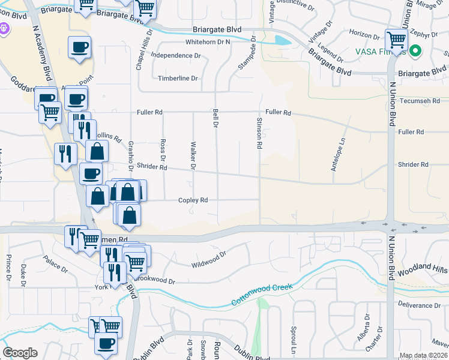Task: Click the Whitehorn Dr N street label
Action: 208,42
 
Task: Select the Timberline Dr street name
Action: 178,79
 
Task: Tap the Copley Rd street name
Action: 192,200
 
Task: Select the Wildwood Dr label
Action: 208,259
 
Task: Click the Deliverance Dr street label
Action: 419,305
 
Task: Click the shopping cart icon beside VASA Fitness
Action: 396,40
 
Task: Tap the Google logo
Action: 20,353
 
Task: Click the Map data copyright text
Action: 423,356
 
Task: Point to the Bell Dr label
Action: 214,118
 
